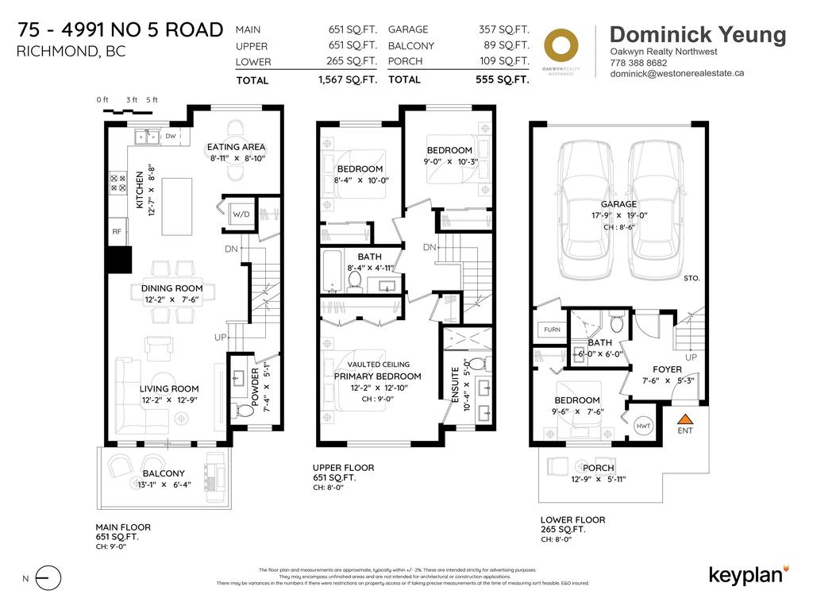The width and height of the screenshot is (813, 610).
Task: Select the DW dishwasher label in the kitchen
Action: coord(171,137)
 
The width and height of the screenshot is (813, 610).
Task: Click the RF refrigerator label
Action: coord(116,233)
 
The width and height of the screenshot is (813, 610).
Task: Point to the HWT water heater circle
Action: coord(643,426)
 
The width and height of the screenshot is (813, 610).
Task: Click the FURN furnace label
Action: coord(551,329)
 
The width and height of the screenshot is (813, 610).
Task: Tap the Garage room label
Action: coord(619,204)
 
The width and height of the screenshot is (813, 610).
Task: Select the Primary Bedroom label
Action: coord(377,376)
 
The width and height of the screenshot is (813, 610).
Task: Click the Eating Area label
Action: coord(236,147)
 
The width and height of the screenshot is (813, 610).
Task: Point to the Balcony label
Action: coord(164,473)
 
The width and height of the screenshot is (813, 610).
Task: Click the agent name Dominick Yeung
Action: coord(698,34)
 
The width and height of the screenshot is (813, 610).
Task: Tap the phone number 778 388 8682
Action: coord(638,62)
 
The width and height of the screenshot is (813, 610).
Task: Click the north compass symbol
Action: coord(48,578)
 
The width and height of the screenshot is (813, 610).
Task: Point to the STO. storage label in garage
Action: coord(691,279)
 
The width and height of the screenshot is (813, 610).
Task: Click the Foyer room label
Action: coord(668,369)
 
